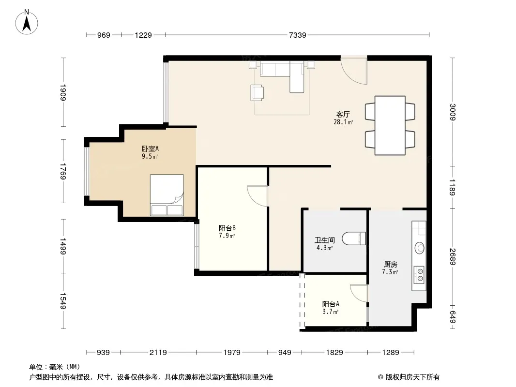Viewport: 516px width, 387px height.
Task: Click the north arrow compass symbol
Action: pyautogui.click(x=27, y=22)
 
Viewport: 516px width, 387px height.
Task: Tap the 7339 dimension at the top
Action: pyautogui.click(x=297, y=35)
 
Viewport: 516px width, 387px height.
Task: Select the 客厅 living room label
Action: pyautogui.click(x=343, y=115)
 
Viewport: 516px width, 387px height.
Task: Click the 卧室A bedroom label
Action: pyautogui.click(x=150, y=149)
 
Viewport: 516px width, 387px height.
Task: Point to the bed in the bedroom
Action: pyautogui.click(x=167, y=195)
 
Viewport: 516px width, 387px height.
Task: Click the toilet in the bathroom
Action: pyautogui.click(x=354, y=238)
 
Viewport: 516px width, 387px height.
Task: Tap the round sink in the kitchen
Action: pyautogui.click(x=420, y=248)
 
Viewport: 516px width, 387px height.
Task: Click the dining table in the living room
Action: pyautogui.click(x=390, y=125)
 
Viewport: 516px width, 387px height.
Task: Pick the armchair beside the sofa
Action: pyautogui.click(x=257, y=92)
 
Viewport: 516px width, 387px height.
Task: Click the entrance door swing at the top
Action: pyautogui.click(x=354, y=70)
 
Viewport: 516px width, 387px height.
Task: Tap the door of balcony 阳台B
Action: pyautogui.click(x=258, y=196)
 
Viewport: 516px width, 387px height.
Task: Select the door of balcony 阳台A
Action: pyautogui.click(x=359, y=293)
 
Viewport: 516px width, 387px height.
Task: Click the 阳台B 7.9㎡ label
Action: pyautogui.click(x=227, y=232)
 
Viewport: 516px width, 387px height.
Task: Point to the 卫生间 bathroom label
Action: pyautogui.click(x=324, y=240)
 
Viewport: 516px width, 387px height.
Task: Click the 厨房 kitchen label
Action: pyautogui.click(x=390, y=264)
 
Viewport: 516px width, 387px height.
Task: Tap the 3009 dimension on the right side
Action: pyautogui.click(x=453, y=112)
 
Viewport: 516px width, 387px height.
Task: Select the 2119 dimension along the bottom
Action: pyautogui.click(x=158, y=353)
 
